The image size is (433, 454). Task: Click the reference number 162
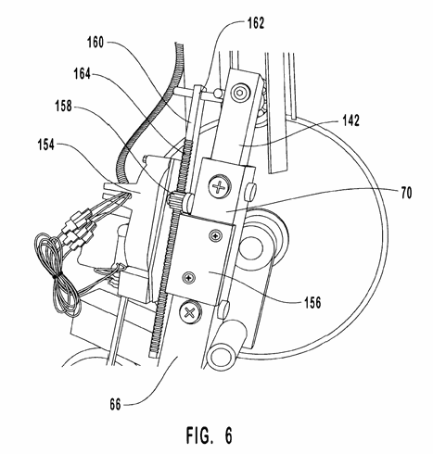(256, 23)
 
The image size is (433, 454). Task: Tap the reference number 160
(96, 43)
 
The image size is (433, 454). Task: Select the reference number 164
(83, 74)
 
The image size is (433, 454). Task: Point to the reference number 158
(63, 106)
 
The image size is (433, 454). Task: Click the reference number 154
(46, 145)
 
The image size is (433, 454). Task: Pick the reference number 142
(350, 120)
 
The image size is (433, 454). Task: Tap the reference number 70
(406, 193)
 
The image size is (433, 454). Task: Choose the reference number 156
(312, 302)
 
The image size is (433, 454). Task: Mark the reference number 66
(115, 404)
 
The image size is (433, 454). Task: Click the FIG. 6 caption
(209, 435)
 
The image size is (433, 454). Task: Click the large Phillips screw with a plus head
(220, 186)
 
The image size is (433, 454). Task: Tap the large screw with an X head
(189, 313)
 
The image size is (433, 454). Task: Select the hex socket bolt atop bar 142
(241, 92)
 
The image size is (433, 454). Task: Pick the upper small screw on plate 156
(215, 235)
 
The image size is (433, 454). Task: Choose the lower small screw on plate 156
(188, 278)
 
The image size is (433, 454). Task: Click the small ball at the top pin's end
(218, 92)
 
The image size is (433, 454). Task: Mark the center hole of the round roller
(251, 248)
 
